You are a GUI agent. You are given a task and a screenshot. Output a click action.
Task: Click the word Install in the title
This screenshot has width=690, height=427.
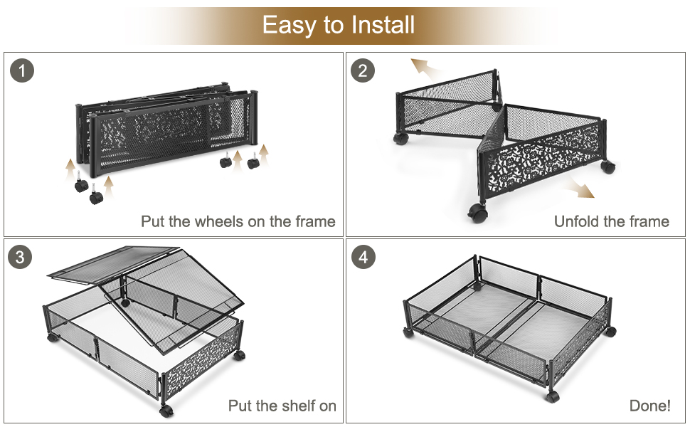[380, 26]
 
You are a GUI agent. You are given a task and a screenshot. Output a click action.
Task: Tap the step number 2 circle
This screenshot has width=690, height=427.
[363, 71]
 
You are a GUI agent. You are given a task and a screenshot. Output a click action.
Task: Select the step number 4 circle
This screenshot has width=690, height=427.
[363, 258]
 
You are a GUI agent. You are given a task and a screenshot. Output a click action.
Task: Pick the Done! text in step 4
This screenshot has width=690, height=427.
[649, 406]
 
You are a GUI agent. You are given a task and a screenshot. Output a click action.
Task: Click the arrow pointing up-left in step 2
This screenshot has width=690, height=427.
[425, 68]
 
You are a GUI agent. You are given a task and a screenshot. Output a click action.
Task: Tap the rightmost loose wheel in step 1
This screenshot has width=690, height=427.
[253, 163]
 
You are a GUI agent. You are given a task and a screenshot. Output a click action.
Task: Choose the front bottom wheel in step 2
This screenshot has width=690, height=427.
[477, 212]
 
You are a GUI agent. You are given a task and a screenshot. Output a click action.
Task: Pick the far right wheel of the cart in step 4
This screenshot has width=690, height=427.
[611, 331]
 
